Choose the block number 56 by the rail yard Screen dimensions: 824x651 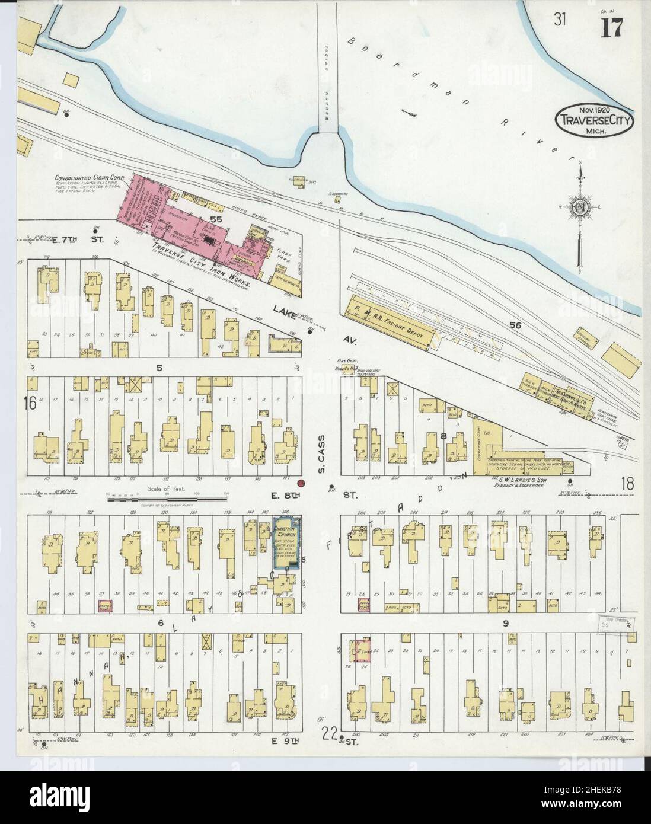[x=513, y=325]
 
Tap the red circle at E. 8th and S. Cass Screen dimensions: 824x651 [x=301, y=484]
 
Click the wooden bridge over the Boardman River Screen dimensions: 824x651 [x=328, y=65]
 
